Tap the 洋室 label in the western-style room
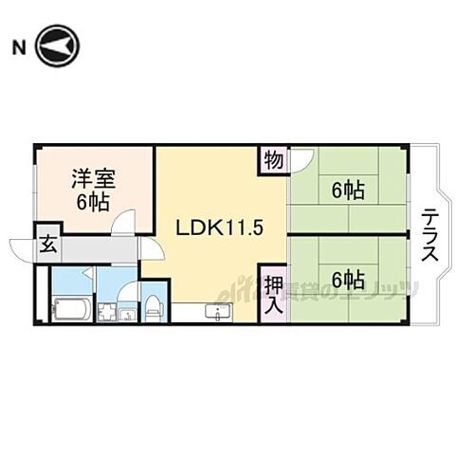click(91, 177)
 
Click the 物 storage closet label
click(273, 160)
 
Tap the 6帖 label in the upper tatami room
click(348, 191)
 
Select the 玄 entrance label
click(46, 244)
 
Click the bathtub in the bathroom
click(72, 309)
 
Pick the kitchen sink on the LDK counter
click(220, 312)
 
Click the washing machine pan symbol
click(107, 310)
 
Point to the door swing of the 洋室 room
click(121, 223)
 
